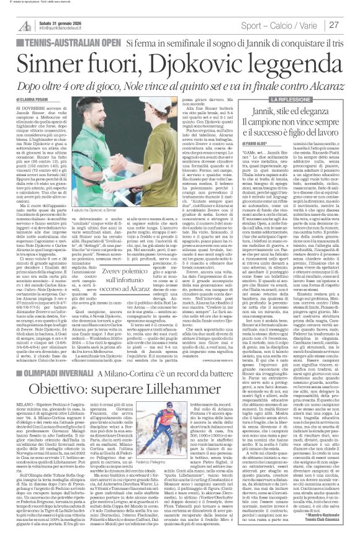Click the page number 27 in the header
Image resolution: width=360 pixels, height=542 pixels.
coord(349,24)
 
